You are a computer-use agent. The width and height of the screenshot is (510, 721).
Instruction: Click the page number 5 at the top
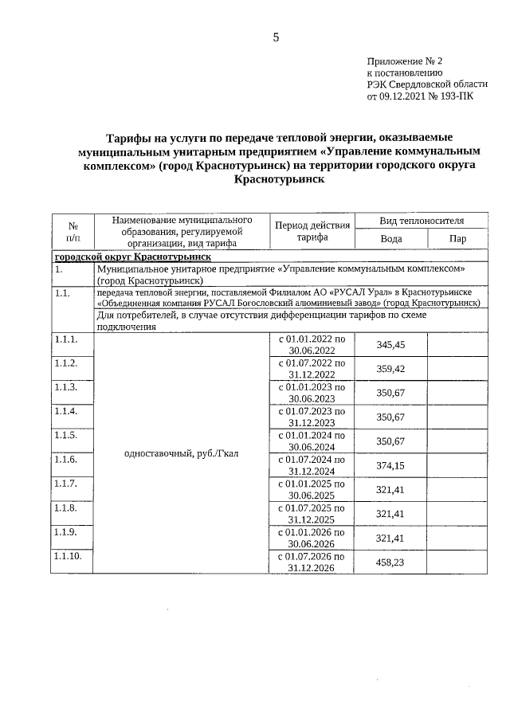pos(276,37)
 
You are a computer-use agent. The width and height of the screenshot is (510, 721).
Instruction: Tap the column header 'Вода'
pos(390,238)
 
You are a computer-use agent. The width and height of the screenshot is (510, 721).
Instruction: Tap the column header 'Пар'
pos(457,238)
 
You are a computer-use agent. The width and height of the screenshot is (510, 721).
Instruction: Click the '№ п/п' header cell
pos(73,231)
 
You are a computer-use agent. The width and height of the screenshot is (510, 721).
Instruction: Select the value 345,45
pos(390,344)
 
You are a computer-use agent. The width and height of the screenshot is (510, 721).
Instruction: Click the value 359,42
pos(390,369)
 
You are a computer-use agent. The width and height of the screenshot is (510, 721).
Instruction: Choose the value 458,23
pos(390,562)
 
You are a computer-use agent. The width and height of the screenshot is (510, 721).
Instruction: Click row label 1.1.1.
pos(65,339)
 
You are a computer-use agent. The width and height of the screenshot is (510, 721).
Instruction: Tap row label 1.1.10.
pos(68,555)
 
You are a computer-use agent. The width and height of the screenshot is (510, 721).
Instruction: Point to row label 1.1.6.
pos(65,460)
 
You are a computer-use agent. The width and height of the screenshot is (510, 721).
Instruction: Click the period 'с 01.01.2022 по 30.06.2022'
pos(311,344)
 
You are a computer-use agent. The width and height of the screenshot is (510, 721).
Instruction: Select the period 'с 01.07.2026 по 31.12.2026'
pos(311,562)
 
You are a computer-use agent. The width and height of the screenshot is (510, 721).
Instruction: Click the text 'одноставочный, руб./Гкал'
pos(182,453)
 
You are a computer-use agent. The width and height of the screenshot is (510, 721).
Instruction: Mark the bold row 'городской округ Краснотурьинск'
pos(131,257)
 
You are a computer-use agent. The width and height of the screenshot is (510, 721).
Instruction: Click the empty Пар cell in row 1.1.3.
pos(457,393)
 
